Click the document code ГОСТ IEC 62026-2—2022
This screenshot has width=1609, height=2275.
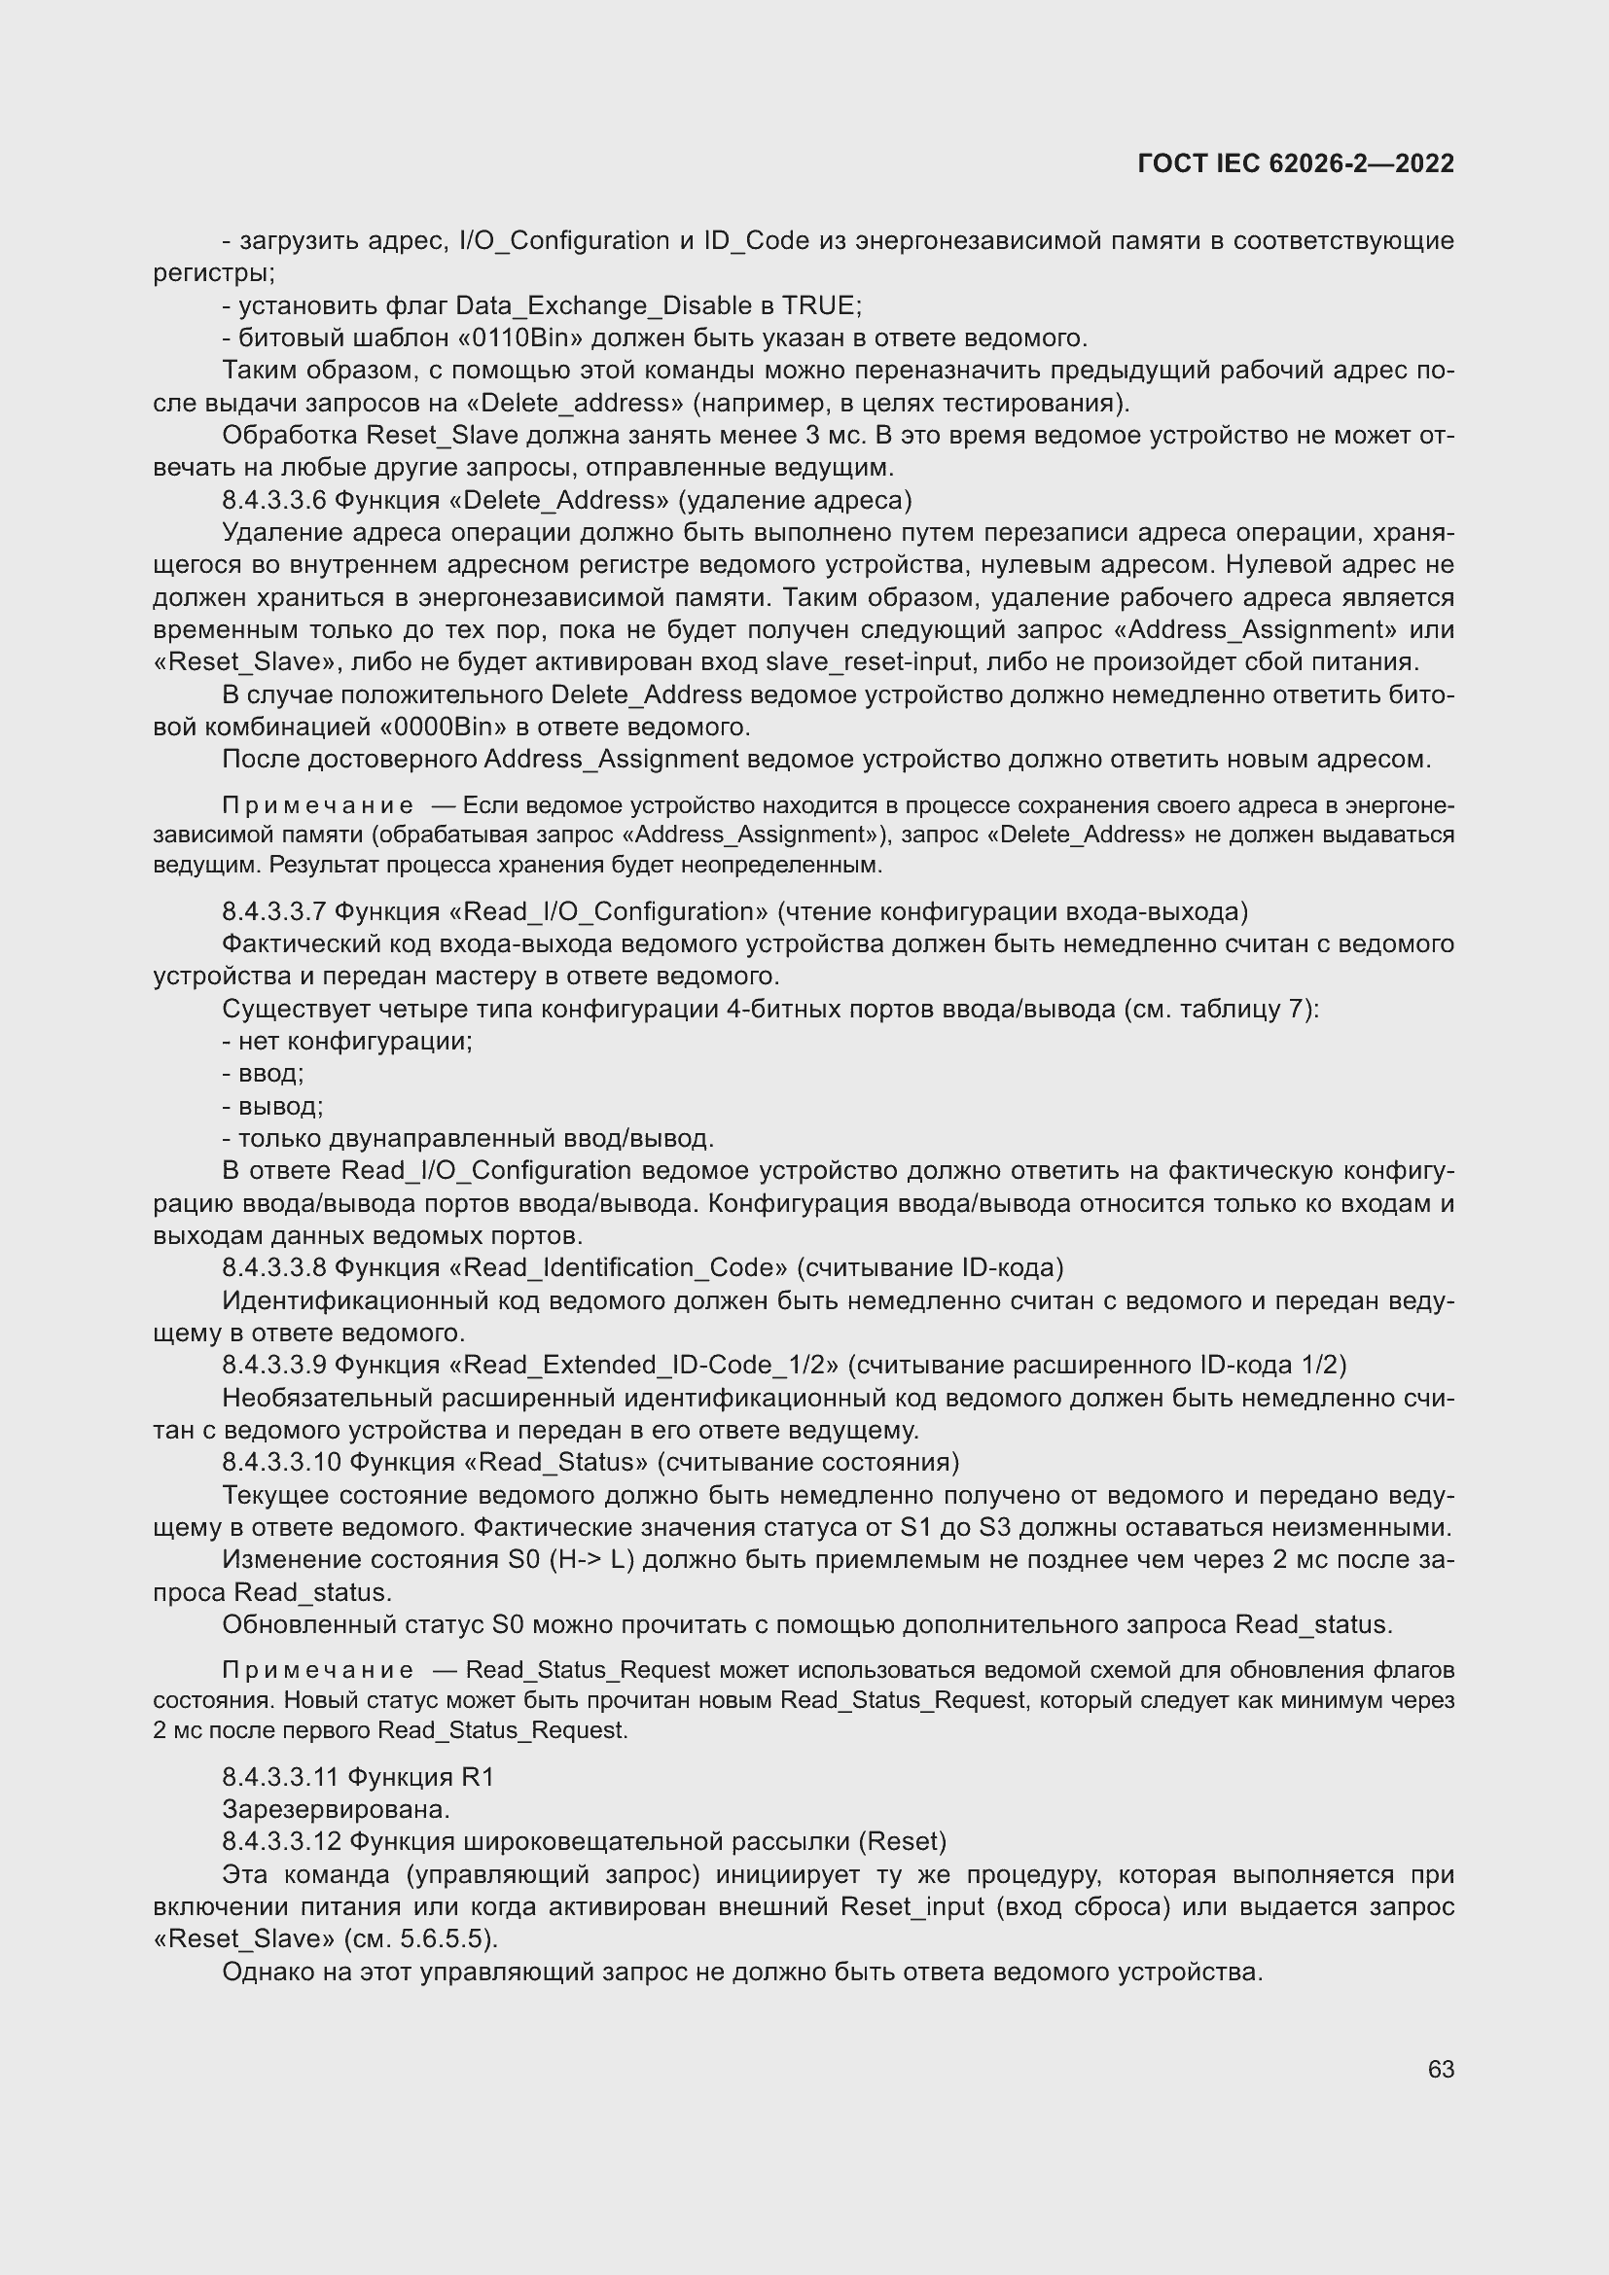[x=1295, y=163]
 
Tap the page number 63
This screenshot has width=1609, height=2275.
[x=1441, y=2069]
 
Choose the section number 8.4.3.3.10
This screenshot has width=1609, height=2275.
[x=282, y=1462]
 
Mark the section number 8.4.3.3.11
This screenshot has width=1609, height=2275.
[x=281, y=1777]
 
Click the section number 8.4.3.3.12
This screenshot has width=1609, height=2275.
[x=281, y=1841]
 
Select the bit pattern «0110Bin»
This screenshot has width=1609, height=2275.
[x=522, y=338]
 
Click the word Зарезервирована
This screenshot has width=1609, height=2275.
[x=336, y=1809]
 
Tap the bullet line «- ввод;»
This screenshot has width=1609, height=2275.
[x=264, y=1073]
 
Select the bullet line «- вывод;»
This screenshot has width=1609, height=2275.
[x=272, y=1106]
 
